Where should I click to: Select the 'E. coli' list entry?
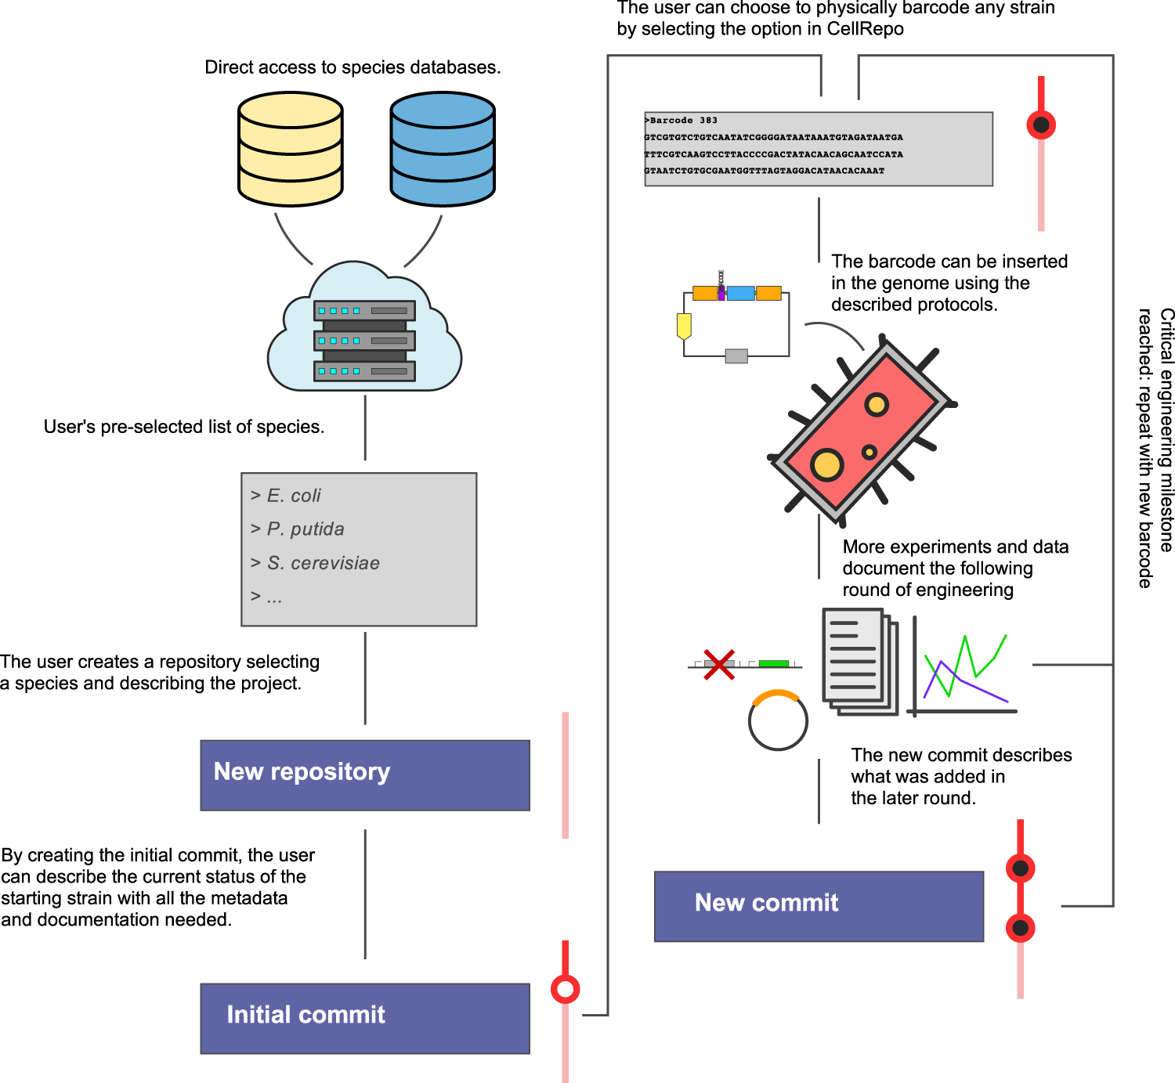pos(294,496)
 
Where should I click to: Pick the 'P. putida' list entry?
pos(305,529)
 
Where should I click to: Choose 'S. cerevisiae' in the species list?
pos(323,563)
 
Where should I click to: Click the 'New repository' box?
pos(365,774)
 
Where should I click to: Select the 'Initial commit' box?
pos(365,1018)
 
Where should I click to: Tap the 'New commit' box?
pos(819,906)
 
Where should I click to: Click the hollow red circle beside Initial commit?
pos(565,989)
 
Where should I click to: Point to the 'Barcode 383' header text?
pos(682,121)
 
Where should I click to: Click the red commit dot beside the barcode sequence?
pos(1041,125)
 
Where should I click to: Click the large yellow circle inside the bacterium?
pos(826,464)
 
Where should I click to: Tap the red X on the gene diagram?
pos(718,664)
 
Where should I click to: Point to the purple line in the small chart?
pos(975,688)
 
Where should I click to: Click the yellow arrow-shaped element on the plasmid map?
pos(684,326)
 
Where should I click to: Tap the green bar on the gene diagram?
pos(773,663)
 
